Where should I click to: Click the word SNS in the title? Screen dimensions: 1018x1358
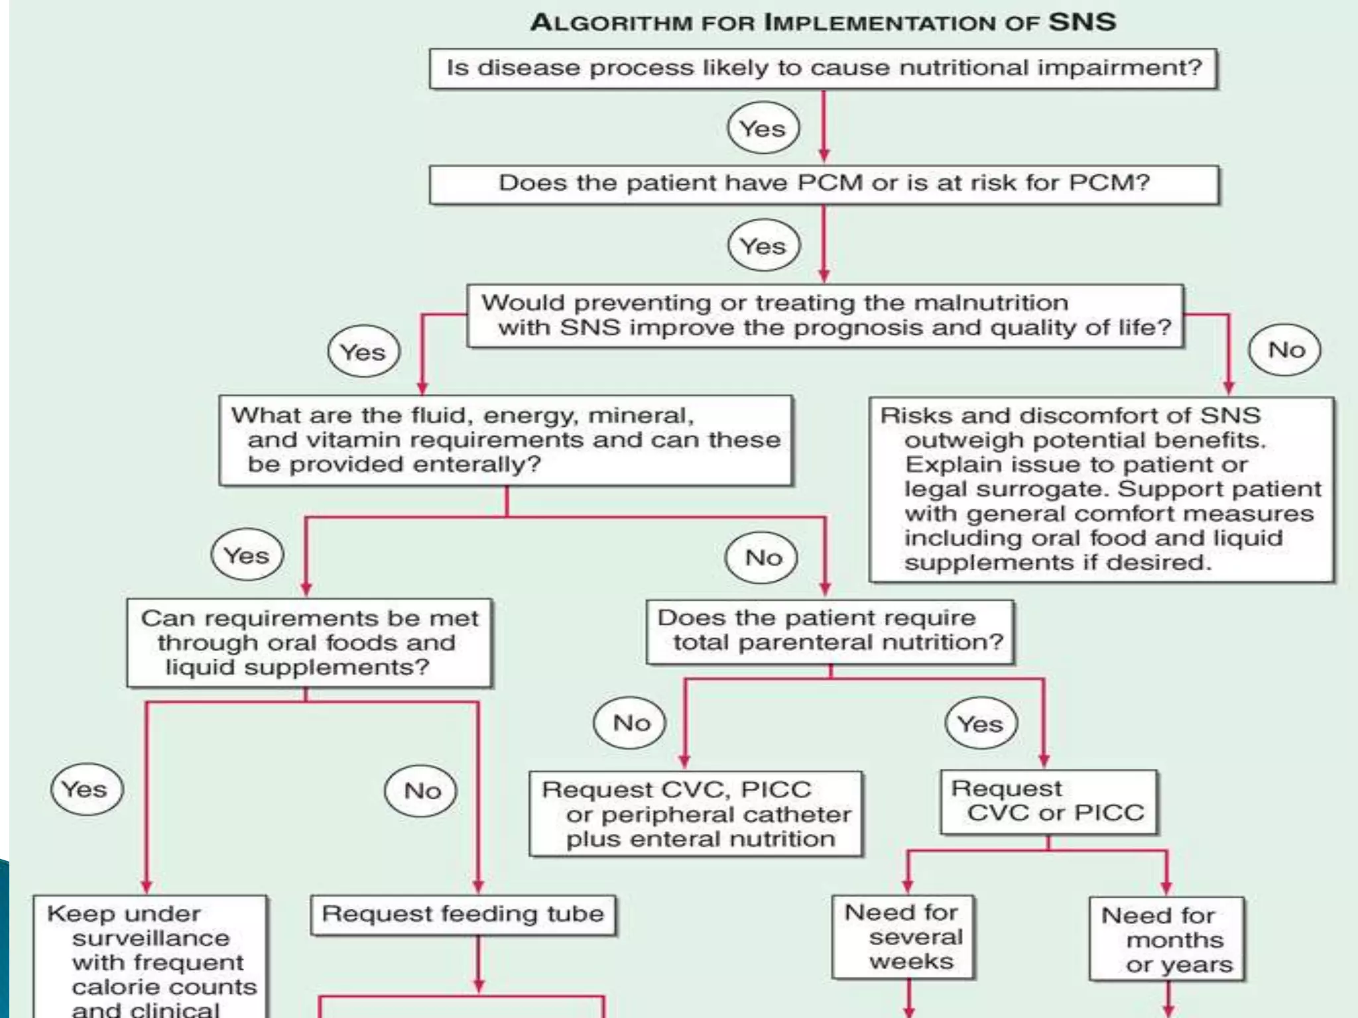pos(1081,22)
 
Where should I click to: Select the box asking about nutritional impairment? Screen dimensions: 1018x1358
pos(823,68)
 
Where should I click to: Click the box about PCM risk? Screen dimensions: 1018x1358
pos(824,184)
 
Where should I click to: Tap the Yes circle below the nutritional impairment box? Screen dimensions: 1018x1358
pos(763,128)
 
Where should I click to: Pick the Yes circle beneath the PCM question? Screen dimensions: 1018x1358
pos(764,246)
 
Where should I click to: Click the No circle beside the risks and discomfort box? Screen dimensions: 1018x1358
pos(1284,350)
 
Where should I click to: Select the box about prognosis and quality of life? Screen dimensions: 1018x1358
pos(825,315)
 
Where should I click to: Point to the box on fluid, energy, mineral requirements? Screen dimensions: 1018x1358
pos(505,440)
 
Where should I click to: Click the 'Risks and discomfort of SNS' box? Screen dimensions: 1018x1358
pos(1101,489)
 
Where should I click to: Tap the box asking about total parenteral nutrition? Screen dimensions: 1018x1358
pos(830,631)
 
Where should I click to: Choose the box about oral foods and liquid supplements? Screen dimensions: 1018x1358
pos(309,642)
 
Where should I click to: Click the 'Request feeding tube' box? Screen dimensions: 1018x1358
pos(463,915)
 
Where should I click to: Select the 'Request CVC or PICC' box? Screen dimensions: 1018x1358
pos(1048,801)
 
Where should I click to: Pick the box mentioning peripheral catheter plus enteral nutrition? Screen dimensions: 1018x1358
pos(696,814)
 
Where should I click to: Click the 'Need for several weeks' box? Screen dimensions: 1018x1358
pos(903,937)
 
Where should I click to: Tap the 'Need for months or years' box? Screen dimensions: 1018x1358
pos(1166,940)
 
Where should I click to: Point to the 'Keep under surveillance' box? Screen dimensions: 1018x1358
pos(151,958)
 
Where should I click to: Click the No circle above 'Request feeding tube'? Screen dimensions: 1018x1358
pos(421,791)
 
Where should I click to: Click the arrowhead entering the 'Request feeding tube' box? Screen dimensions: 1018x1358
pos(478,887)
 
